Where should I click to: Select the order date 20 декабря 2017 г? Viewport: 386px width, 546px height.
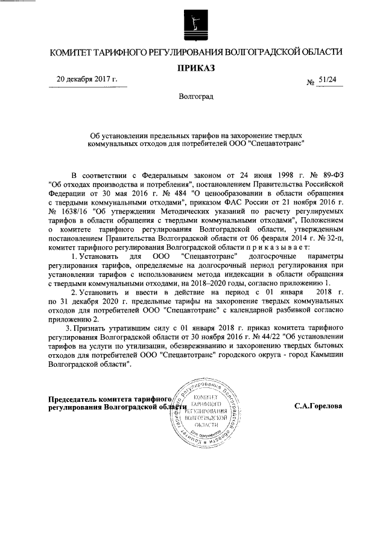tap(87, 79)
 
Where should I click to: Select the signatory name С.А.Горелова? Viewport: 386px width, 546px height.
tap(318, 405)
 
